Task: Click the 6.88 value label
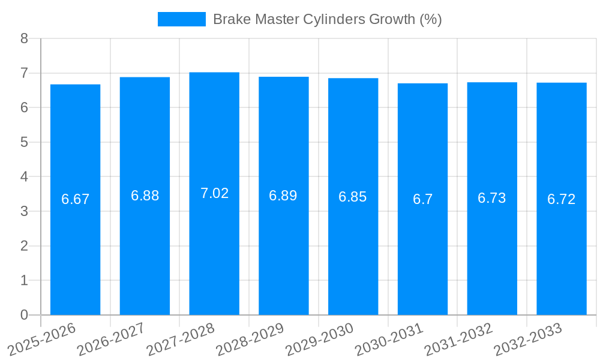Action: [145, 196]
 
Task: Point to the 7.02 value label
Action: [214, 193]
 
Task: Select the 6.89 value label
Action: [283, 196]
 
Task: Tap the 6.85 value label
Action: [353, 197]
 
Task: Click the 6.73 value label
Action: [492, 198]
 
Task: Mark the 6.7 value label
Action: [422, 199]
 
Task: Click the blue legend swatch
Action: [181, 19]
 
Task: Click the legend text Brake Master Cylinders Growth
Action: [327, 19]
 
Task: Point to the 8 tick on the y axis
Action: [24, 38]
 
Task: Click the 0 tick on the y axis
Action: [24, 315]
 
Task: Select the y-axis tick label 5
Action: [24, 142]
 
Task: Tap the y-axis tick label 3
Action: [24, 211]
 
